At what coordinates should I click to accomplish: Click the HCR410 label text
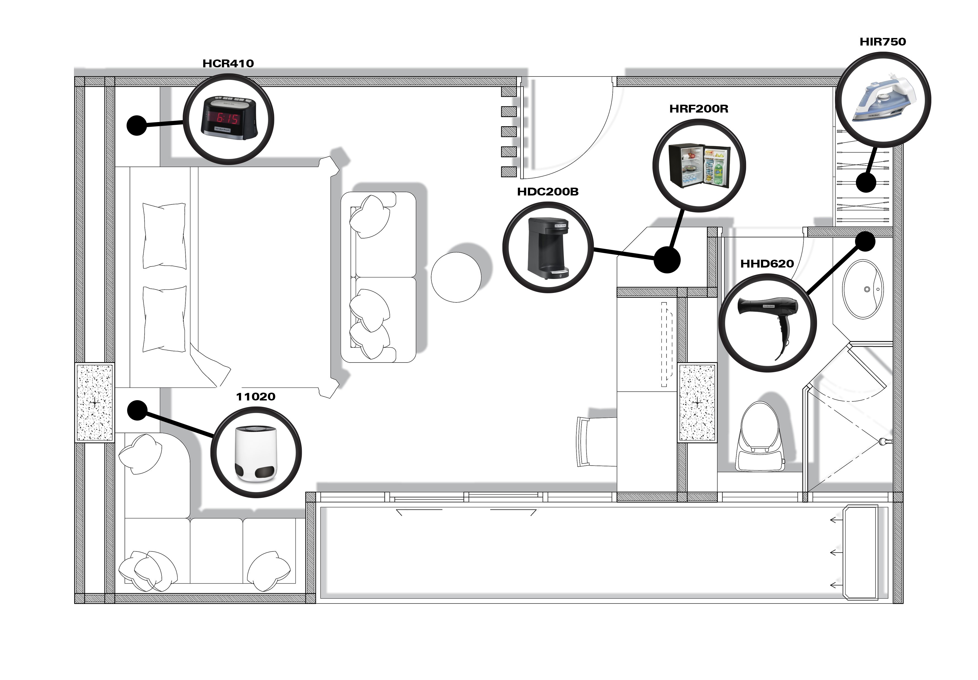228,63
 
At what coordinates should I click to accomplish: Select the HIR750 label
883,42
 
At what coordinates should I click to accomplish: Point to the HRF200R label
699,109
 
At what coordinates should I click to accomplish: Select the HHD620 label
767,264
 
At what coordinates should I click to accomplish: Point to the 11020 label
256,397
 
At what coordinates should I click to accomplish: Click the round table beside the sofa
456,277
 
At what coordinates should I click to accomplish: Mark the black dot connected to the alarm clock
137,125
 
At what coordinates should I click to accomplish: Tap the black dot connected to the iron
866,183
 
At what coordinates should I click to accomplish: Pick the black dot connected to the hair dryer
865,242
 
